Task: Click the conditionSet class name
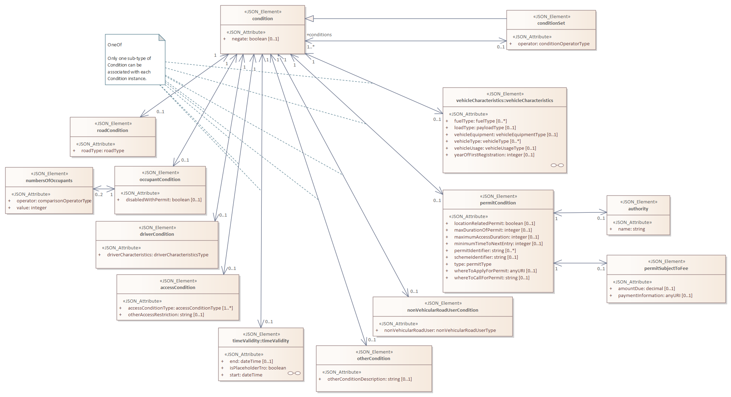click(x=551, y=23)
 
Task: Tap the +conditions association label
click(x=319, y=35)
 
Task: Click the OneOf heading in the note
click(x=115, y=45)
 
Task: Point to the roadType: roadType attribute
click(x=103, y=151)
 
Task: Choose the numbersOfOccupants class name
click(x=49, y=181)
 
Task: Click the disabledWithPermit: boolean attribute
click(x=164, y=200)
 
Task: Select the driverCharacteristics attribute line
click(x=158, y=255)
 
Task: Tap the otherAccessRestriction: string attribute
click(x=166, y=315)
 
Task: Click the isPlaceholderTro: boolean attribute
click(x=258, y=368)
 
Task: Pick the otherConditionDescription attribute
click(x=370, y=379)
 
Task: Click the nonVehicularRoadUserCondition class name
click(x=443, y=310)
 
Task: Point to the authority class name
click(x=638, y=209)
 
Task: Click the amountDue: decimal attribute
click(x=646, y=289)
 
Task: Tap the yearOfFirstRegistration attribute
click(x=494, y=155)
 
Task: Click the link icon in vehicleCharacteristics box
click(x=557, y=165)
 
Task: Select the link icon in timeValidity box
click(x=294, y=373)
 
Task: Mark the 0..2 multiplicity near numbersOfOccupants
click(x=99, y=195)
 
